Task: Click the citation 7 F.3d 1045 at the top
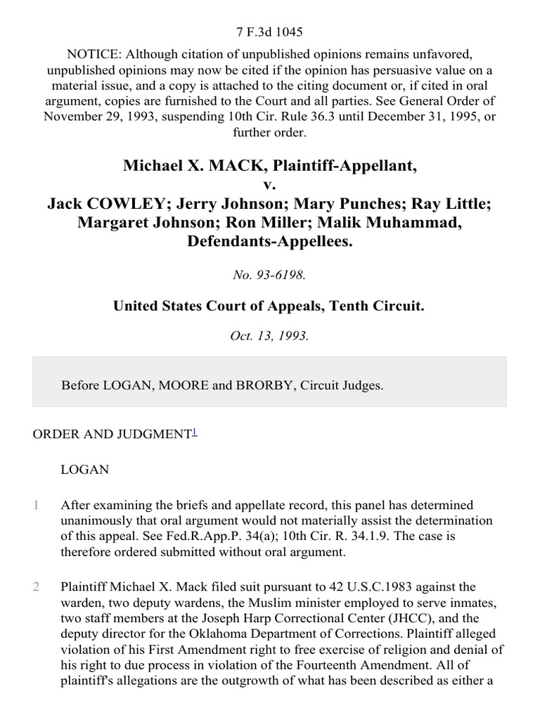click(x=270, y=32)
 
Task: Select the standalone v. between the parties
click(x=270, y=185)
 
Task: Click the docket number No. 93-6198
click(x=270, y=276)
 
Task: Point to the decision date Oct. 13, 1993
click(x=270, y=336)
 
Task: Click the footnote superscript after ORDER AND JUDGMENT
click(x=195, y=432)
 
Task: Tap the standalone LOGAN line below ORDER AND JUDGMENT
click(x=85, y=470)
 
